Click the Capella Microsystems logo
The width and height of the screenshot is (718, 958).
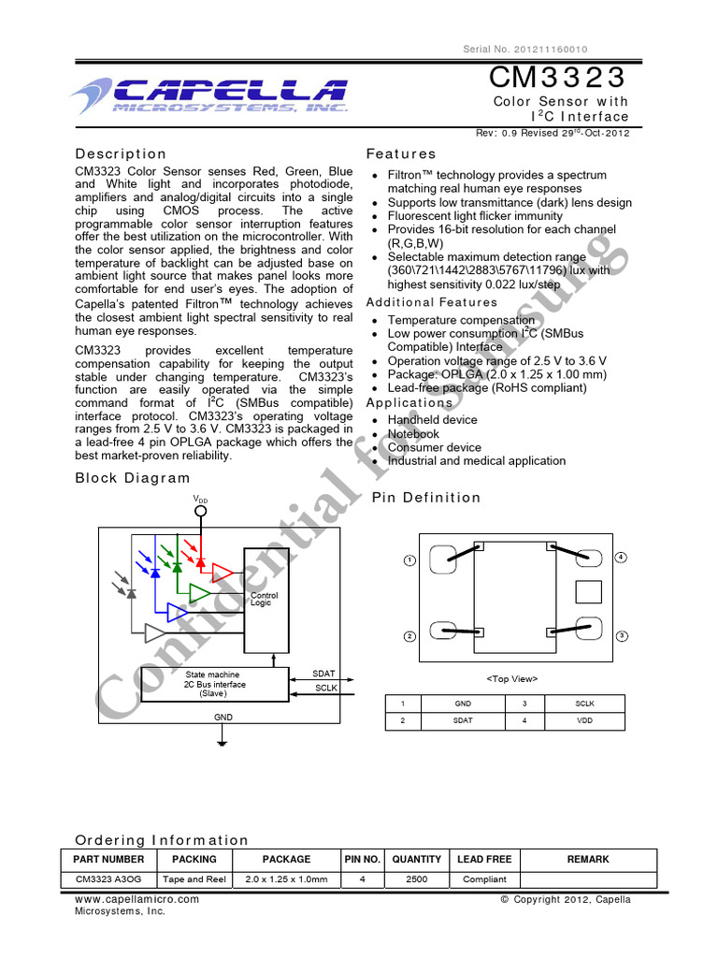click(208, 94)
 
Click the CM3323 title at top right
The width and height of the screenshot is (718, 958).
click(558, 75)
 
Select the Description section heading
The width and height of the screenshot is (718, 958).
click(121, 153)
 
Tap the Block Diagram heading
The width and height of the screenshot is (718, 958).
click(132, 478)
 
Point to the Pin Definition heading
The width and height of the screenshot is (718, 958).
click(426, 498)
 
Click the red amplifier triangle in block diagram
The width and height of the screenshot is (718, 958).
click(223, 572)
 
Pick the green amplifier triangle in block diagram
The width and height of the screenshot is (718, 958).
click(199, 593)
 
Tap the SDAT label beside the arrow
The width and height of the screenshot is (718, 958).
click(323, 674)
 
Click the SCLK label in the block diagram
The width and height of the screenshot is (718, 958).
click(324, 689)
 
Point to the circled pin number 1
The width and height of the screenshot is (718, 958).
click(409, 560)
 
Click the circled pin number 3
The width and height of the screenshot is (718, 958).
click(620, 636)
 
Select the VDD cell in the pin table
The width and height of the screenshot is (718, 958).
click(584, 720)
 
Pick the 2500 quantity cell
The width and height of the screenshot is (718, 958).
click(416, 879)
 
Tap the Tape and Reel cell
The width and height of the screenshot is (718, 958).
click(194, 879)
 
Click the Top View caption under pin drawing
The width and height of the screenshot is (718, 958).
click(511, 678)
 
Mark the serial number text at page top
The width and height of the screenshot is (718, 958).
click(526, 50)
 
